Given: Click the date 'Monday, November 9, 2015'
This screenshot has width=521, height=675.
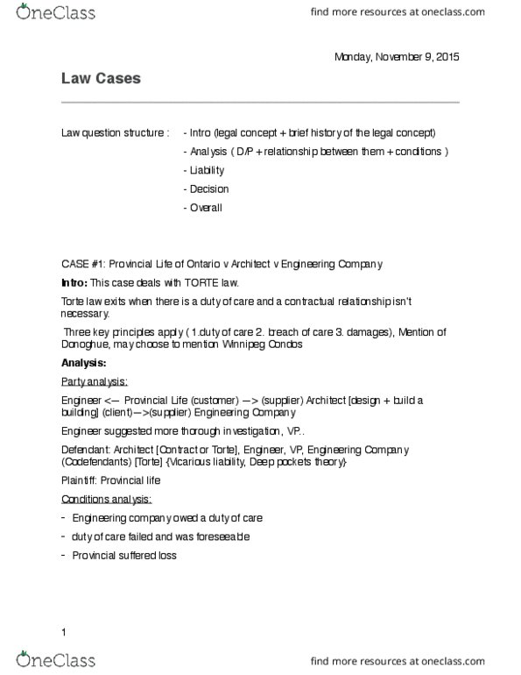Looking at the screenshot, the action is click(x=396, y=57).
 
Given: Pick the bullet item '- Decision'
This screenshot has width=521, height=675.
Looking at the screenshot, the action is click(x=206, y=188).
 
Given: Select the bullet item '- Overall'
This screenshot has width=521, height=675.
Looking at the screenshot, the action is click(x=203, y=208).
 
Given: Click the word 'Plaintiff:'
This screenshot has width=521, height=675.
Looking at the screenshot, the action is click(x=80, y=480).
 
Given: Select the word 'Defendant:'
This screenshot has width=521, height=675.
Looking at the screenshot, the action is click(x=85, y=449).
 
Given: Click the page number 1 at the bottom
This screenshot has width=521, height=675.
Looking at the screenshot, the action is click(x=64, y=631).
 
